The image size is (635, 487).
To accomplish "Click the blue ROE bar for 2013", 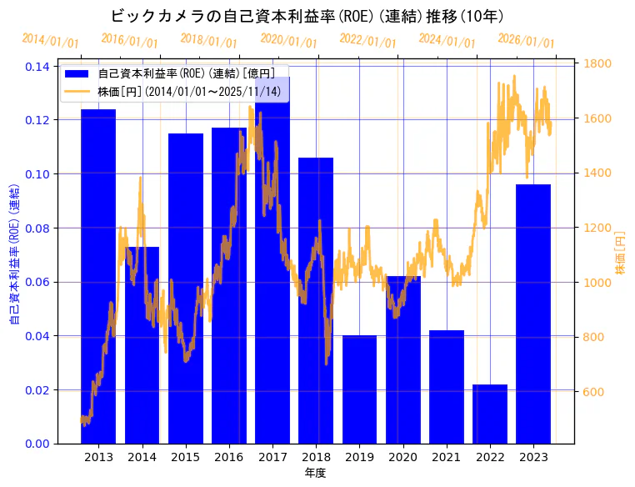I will click(x=98, y=275).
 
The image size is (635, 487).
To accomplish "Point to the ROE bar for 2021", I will click(x=447, y=387).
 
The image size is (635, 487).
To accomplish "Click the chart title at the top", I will click(x=307, y=16).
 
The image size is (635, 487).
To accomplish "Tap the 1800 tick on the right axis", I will click(x=598, y=63).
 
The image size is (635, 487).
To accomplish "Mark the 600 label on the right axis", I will click(x=595, y=392).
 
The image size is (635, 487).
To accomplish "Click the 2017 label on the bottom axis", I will click(x=272, y=457).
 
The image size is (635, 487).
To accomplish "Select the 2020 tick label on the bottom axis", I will click(x=402, y=457).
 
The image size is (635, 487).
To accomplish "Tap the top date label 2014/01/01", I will click(x=51, y=40).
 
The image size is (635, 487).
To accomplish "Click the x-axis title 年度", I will click(x=315, y=473).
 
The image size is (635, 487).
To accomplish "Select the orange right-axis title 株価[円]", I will click(x=620, y=252).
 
